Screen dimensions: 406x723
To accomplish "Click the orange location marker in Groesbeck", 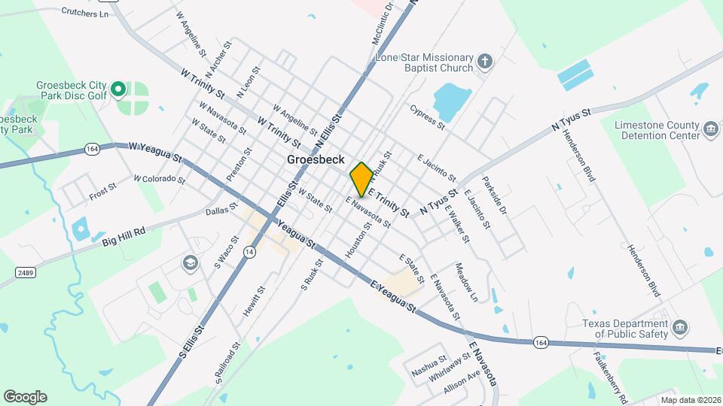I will click(361, 179).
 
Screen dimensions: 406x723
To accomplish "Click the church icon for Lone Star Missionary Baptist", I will click(486, 61).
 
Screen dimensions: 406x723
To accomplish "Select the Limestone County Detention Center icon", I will click(710, 130).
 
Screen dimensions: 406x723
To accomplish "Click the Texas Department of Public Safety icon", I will click(680, 328).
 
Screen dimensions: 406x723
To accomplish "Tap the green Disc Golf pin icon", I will click(117, 91).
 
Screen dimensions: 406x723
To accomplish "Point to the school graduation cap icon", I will click(190, 263).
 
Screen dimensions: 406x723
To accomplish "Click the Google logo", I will click(25, 397).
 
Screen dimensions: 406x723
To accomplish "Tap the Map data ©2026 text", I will click(690, 399).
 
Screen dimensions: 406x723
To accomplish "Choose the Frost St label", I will click(102, 192).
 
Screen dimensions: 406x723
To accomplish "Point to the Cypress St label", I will click(428, 117).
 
